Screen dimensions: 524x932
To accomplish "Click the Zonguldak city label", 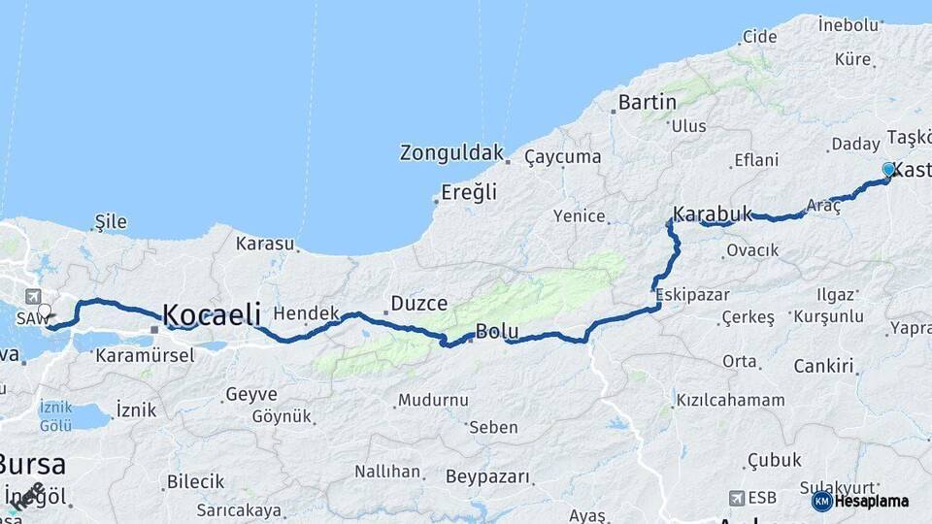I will pyautogui.click(x=452, y=153).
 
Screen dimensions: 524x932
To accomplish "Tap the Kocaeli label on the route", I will pyautogui.click(x=212, y=314).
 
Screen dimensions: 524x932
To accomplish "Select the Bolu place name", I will pyautogui.click(x=497, y=332).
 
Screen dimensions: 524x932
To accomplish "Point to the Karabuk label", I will pyautogui.click(x=713, y=213).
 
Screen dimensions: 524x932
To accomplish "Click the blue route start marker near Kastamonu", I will pyautogui.click(x=888, y=170).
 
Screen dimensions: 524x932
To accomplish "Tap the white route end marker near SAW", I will pyautogui.click(x=44, y=311).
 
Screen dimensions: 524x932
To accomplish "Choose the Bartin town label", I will pyautogui.click(x=648, y=102).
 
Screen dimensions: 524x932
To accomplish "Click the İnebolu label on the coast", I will pyautogui.click(x=849, y=23).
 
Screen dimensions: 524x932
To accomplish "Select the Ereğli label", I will pyautogui.click(x=469, y=192).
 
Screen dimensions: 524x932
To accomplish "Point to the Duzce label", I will pyautogui.click(x=419, y=304).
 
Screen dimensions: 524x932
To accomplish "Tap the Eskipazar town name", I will pyautogui.click(x=685, y=294).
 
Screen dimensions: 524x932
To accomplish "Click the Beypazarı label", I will pyautogui.click(x=488, y=476).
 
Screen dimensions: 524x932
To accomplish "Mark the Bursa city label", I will pyautogui.click(x=32, y=463).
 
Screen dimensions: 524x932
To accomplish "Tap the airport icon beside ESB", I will pyautogui.click(x=736, y=498).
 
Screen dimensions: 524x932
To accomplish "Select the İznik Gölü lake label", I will pyautogui.click(x=55, y=418).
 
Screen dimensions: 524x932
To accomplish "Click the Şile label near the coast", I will pyautogui.click(x=111, y=222).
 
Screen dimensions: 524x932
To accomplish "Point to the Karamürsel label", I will pyautogui.click(x=145, y=355).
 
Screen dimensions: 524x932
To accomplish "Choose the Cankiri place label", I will pyautogui.click(x=824, y=366).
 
